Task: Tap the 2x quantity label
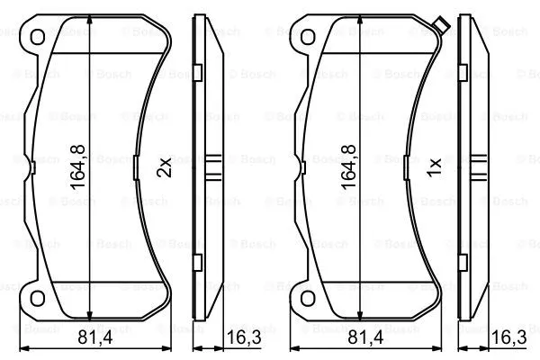tap(163, 166)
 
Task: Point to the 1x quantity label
tap(433, 166)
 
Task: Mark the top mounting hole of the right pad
tap(306, 37)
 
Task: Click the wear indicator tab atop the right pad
tap(440, 25)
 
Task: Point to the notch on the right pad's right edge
tap(405, 166)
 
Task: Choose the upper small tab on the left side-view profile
tap(199, 67)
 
